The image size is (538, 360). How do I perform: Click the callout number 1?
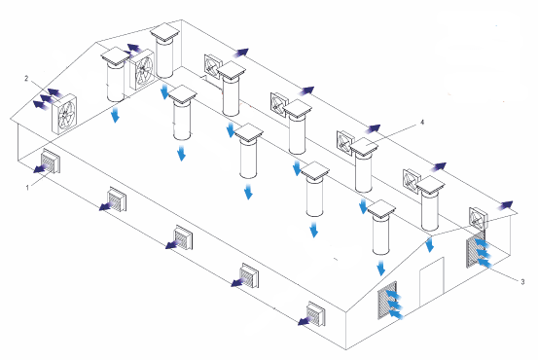pos(28,188)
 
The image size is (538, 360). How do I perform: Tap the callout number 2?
pos(26,79)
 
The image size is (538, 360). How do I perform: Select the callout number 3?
pos(522,282)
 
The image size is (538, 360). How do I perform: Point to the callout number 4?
pos(422,123)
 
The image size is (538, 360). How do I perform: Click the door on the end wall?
pos(432,281)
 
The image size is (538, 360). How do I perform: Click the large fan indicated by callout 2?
pos(64,114)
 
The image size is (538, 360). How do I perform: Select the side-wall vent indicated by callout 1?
pos(51,162)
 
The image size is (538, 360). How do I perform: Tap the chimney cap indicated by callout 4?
pos(364,147)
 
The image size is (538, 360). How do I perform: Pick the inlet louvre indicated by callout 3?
pos(476,250)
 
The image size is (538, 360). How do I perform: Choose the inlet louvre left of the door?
pos(387,300)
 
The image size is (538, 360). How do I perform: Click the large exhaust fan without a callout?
pos(142,70)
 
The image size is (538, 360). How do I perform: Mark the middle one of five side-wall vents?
pos(184,237)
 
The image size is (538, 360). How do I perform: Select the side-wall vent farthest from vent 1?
pos(316,313)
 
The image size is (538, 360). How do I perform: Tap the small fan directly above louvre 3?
pos(478,219)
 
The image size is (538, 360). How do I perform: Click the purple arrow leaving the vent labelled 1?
pos(41,167)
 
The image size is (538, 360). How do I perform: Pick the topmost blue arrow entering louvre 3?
pos(483,243)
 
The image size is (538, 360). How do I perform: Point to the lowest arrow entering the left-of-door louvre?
pos(397,314)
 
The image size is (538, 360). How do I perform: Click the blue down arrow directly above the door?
pos(430,244)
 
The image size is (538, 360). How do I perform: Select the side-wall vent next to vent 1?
pos(117,199)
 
